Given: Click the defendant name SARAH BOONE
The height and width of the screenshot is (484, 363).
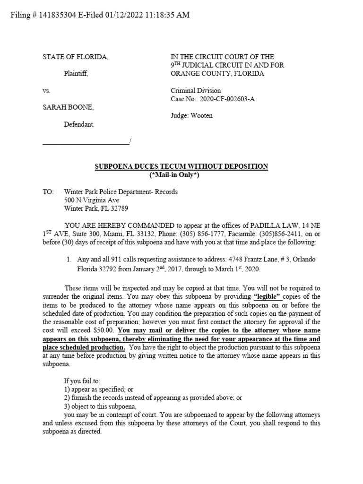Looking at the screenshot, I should coord(68,107).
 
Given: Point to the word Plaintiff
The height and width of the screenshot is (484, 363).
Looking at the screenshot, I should coord(76,73).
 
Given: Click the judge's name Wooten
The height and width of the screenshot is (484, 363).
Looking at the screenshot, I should coord(202,116).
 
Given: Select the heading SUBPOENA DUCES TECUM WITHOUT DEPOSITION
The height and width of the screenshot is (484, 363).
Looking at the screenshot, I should coord(181,166).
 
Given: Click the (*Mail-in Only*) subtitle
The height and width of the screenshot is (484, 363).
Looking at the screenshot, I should coord(181,175).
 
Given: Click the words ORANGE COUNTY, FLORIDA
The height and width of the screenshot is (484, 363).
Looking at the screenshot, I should coord(217,74).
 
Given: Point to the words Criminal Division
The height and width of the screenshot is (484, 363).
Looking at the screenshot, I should coord(195,90).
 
